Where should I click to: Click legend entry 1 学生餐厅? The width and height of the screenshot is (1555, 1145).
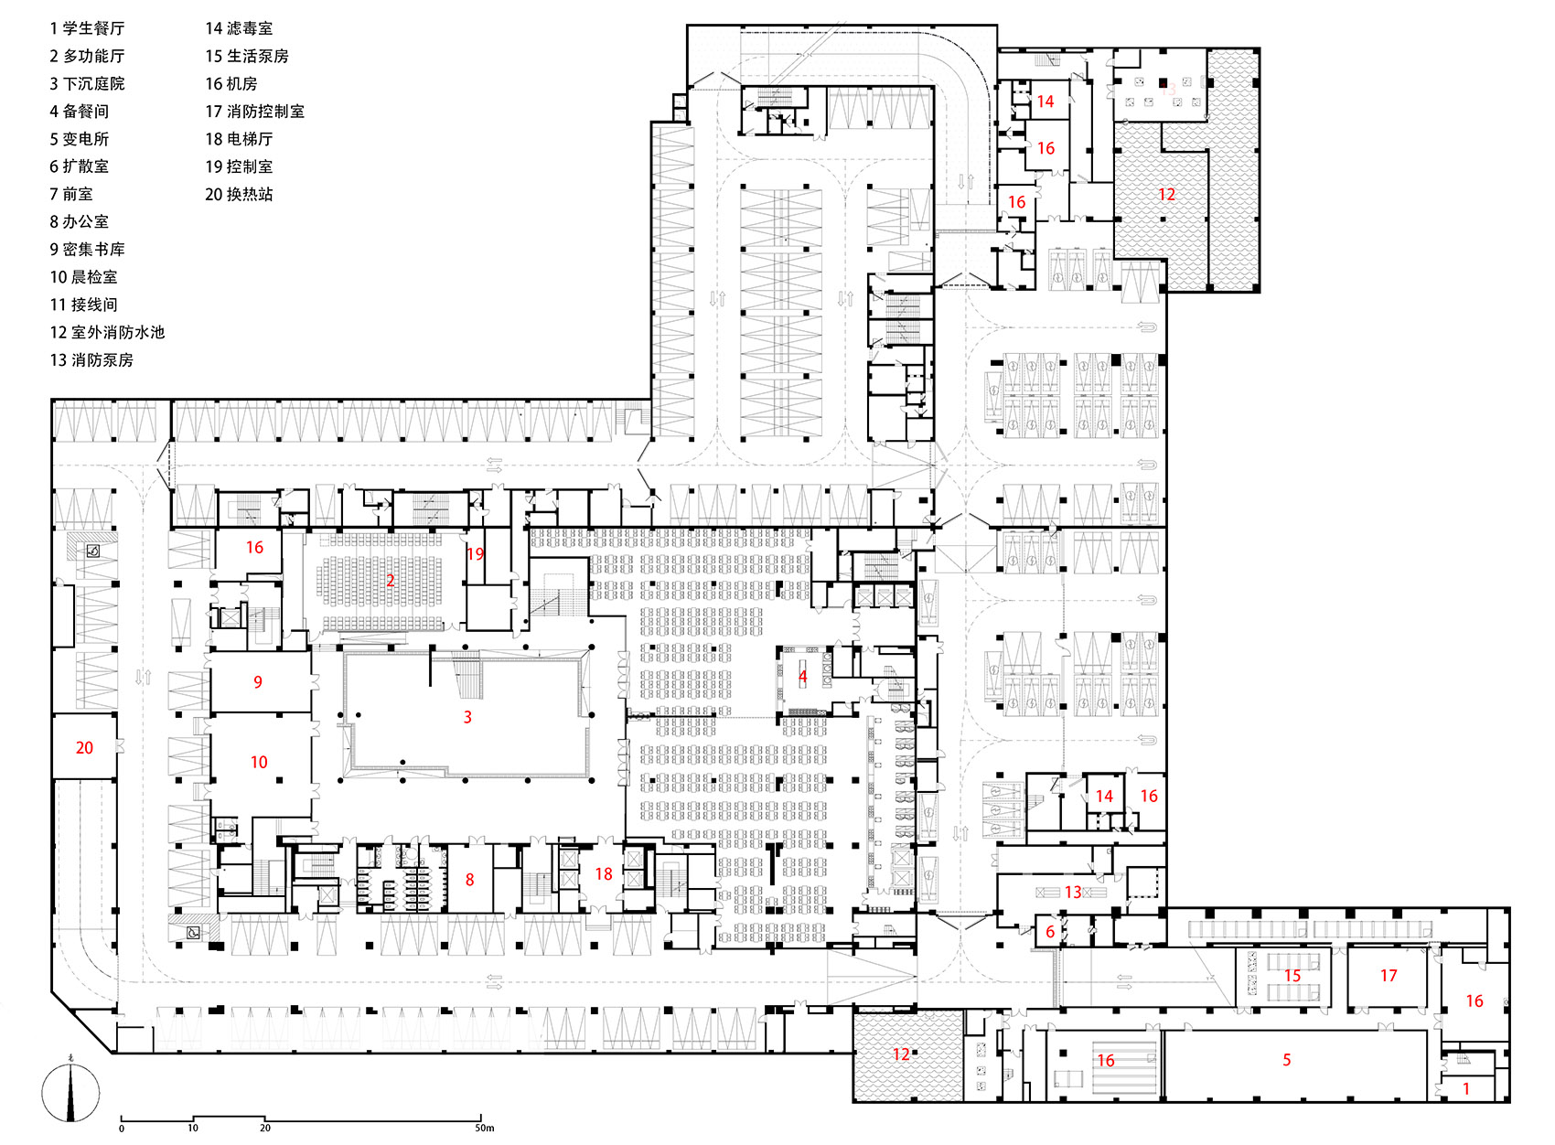pyautogui.click(x=87, y=28)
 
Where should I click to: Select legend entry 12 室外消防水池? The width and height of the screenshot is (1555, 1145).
pyautogui.click(x=107, y=332)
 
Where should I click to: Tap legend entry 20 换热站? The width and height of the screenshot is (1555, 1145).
pyautogui.click(x=239, y=194)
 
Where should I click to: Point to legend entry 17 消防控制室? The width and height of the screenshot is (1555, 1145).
pyautogui.click(x=254, y=112)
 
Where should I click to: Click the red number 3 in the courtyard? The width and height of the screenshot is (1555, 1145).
pyautogui.click(x=467, y=718)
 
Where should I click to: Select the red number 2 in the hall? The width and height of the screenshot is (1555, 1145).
pyautogui.click(x=391, y=581)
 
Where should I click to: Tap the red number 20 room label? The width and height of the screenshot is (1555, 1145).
pyautogui.click(x=84, y=748)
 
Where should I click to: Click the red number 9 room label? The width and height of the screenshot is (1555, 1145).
pyautogui.click(x=258, y=682)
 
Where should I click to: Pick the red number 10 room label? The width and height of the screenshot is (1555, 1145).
pyautogui.click(x=259, y=763)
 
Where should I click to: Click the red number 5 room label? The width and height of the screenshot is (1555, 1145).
pyautogui.click(x=1286, y=1060)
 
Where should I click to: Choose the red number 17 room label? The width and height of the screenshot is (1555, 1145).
pyautogui.click(x=1389, y=976)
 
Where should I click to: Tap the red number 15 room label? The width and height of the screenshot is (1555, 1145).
pyautogui.click(x=1292, y=976)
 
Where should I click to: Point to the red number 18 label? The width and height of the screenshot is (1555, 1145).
pyautogui.click(x=604, y=874)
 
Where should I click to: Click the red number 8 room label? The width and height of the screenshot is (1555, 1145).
pyautogui.click(x=469, y=880)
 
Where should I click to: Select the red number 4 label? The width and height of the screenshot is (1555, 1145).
pyautogui.click(x=803, y=677)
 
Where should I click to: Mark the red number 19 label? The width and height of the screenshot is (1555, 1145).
pyautogui.click(x=475, y=554)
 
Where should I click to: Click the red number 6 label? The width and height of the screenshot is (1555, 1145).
pyautogui.click(x=1050, y=932)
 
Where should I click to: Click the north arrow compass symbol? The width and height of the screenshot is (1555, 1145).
pyautogui.click(x=70, y=1092)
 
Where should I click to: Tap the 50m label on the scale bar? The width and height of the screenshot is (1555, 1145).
pyautogui.click(x=484, y=1128)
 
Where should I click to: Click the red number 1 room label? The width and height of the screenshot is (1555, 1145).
pyautogui.click(x=1466, y=1089)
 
